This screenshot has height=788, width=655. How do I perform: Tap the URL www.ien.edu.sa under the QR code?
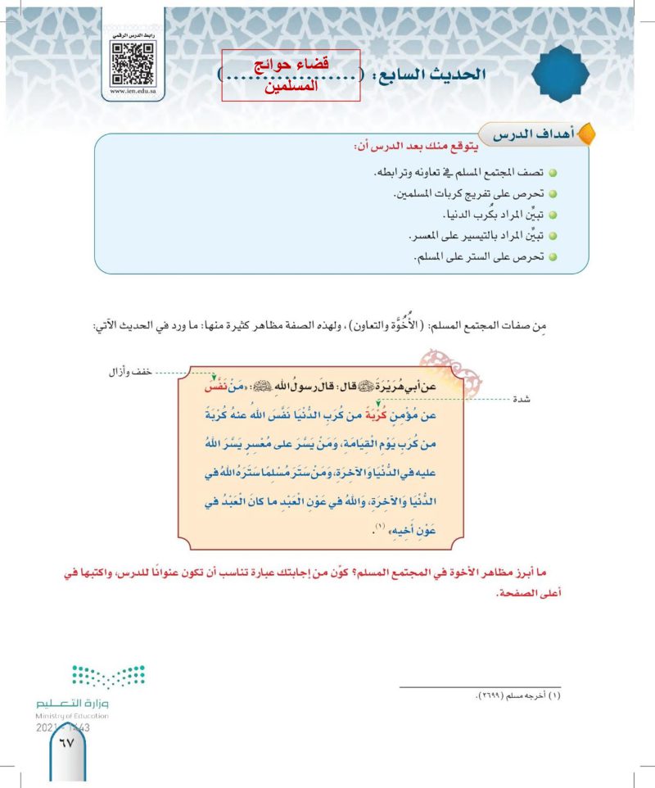(133, 93)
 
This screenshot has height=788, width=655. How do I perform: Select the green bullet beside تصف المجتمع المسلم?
(553, 175)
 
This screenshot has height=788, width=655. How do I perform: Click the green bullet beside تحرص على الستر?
(553, 256)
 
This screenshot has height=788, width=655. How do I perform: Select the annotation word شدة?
(521, 400)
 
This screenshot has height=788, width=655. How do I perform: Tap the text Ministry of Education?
(72, 716)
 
